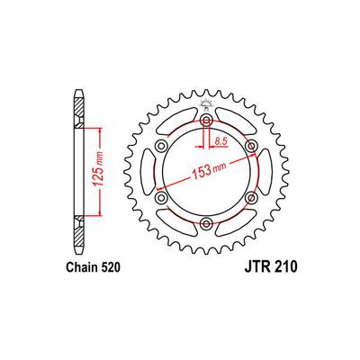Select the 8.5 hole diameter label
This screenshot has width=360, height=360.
click(220, 140)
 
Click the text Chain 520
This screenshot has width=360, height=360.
click(93, 267)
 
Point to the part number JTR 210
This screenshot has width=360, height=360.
click(271, 267)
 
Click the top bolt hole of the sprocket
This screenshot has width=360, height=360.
click(206, 121)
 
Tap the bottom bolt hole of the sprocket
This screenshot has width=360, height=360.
click(206, 223)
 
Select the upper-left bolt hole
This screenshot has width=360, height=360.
click(161, 147)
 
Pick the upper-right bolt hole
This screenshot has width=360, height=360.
click(250, 147)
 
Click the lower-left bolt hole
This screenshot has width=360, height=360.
click(161, 197)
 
